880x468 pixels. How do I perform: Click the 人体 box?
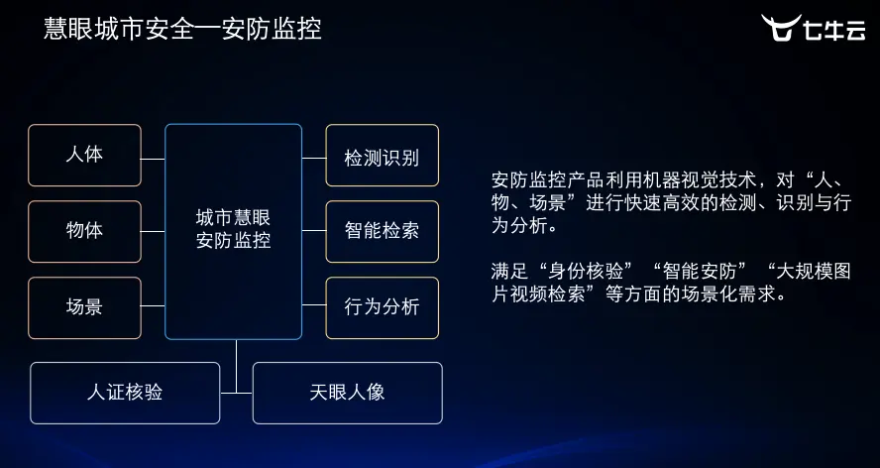click(x=84, y=156)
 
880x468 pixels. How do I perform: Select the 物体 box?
click(x=84, y=231)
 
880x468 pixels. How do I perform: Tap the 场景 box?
click(x=84, y=307)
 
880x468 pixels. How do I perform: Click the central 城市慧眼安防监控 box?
click(x=233, y=230)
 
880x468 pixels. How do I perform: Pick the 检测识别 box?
click(x=382, y=156)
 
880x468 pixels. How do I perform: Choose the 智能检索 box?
click(x=382, y=231)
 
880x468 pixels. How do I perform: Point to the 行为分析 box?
click(x=382, y=307)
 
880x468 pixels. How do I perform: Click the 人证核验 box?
click(x=125, y=393)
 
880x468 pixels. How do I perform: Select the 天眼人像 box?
click(x=347, y=393)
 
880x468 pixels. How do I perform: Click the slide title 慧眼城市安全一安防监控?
click(x=182, y=29)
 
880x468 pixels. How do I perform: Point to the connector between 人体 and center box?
click(x=153, y=158)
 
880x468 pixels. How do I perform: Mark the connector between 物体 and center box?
click(x=153, y=231)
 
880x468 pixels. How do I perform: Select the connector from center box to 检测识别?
click(x=313, y=158)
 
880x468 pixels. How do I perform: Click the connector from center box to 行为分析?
click(x=313, y=306)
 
